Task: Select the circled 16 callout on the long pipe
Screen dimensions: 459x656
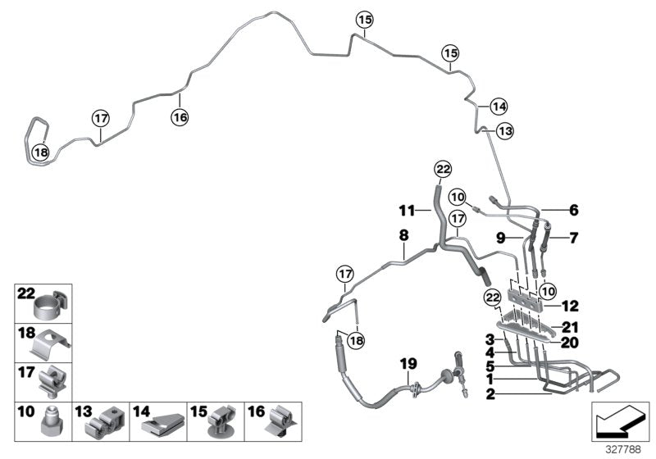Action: tap(180, 117)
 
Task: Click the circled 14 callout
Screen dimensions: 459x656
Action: tap(499, 106)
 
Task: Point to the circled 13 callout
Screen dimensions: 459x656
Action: tap(504, 131)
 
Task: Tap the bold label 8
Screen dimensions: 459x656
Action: tap(403, 235)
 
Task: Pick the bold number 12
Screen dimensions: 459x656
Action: tap(570, 306)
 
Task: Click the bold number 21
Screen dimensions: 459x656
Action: tap(570, 327)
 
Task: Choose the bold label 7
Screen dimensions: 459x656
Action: tap(573, 239)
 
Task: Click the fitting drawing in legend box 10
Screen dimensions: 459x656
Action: tap(49, 425)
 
